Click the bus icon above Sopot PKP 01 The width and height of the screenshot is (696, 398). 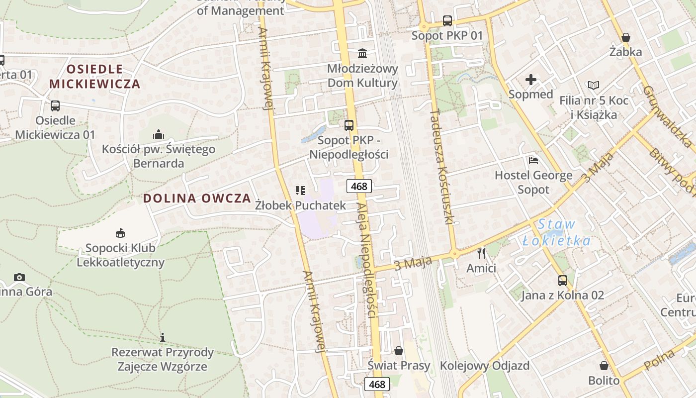pos(447,21)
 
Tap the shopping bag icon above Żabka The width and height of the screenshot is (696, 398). pos(626,37)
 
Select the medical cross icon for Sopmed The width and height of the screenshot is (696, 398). pos(531,80)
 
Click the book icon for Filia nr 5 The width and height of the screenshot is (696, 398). pos(594,85)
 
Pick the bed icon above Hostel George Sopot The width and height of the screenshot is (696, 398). pos(533,160)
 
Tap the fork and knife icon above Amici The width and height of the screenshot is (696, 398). pos(481,254)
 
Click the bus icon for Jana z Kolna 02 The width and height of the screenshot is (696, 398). pos(562,281)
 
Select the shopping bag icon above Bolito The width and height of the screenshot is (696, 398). pos(604,366)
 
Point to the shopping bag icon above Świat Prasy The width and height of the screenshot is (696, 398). pos(398,351)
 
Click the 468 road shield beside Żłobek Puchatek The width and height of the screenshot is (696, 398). pos(359,187)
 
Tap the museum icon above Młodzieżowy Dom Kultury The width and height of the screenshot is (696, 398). pos(362,53)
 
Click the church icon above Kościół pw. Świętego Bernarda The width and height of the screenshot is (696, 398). pos(159,134)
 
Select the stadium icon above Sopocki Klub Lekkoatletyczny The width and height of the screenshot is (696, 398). pos(120,233)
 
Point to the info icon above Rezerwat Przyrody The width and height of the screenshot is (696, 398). pos(163,338)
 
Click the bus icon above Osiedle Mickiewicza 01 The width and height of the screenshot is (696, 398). pos(55,105)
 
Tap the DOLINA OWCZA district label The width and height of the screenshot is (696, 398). pos(197,198)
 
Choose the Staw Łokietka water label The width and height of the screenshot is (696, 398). pos(557,233)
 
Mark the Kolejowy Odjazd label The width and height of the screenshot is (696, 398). pos(485,366)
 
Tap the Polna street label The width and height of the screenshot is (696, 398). pos(659,360)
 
